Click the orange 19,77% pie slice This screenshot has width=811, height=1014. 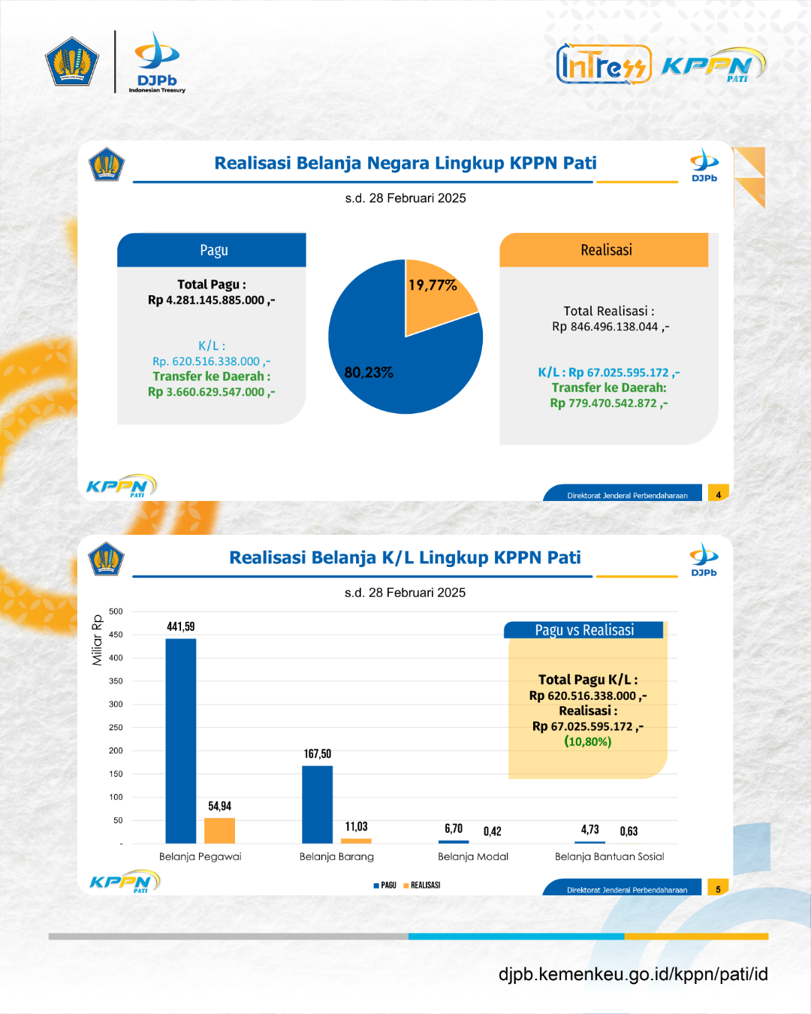(x=436, y=297)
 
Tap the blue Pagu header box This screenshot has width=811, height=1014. (x=212, y=249)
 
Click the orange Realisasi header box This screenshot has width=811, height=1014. (x=604, y=249)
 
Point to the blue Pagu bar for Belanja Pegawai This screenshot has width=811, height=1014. (x=180, y=741)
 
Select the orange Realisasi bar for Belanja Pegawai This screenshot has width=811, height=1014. (x=219, y=831)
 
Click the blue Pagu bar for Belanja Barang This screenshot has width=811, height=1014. (x=317, y=804)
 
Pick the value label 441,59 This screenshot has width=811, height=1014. (x=180, y=626)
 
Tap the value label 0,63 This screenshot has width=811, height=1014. (x=629, y=831)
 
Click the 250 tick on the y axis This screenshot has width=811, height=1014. (x=116, y=727)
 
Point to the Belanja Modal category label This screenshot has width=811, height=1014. (x=473, y=856)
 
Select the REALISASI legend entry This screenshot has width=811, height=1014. (x=422, y=886)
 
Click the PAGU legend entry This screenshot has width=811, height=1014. (x=384, y=886)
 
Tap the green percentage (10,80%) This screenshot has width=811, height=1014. (x=588, y=741)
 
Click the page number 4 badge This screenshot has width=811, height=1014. (x=718, y=493)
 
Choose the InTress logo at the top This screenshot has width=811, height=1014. (x=604, y=64)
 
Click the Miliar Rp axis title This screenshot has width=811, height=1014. (x=97, y=640)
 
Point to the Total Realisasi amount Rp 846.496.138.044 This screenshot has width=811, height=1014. (x=611, y=327)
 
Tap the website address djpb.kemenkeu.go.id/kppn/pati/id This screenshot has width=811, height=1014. (x=633, y=974)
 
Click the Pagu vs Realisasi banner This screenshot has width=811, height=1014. (x=583, y=630)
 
